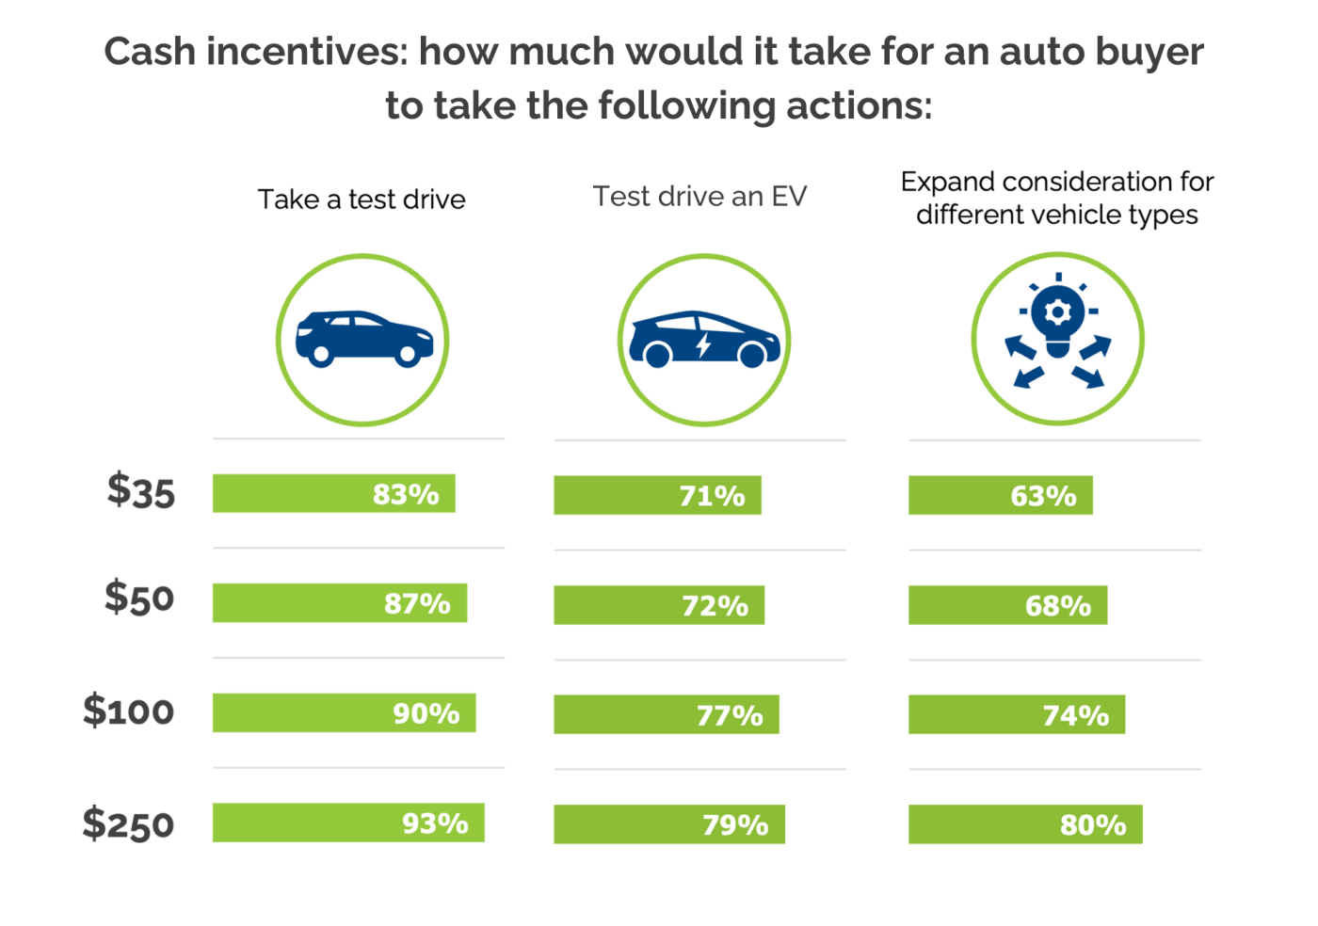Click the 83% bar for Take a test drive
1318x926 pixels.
[x=333, y=493]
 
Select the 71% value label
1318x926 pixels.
[x=712, y=496]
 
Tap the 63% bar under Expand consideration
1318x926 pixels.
[x=1000, y=496]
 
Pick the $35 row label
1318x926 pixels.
[x=141, y=491]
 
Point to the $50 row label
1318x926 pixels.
[x=139, y=599]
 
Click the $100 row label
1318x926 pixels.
[x=129, y=710]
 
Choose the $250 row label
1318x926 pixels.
[x=129, y=824]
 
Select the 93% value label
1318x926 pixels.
[x=435, y=824]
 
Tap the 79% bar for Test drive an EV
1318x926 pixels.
[x=668, y=824]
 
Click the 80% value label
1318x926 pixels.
[x=1093, y=825]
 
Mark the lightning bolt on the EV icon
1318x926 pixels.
[x=703, y=345]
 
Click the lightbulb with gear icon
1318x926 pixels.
[x=1057, y=320]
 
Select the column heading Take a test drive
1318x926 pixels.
[x=362, y=200]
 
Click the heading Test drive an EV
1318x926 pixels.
[x=699, y=197]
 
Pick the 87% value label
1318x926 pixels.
[x=417, y=603]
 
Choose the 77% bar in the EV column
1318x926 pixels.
[x=666, y=715]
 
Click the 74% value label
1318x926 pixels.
[x=1075, y=716]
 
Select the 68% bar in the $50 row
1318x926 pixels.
[x=1007, y=606]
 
